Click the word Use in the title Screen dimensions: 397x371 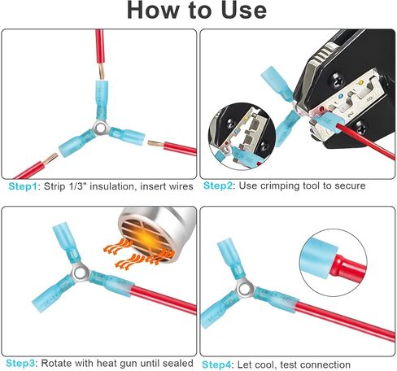coord(244,10)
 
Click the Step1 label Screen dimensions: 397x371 coord(23,186)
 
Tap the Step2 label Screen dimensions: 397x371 coord(218,185)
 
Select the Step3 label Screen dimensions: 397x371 coord(20,363)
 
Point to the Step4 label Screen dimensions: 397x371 coord(217,364)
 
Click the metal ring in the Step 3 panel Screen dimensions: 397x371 coord(81,272)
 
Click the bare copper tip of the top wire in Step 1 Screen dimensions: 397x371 coord(102,72)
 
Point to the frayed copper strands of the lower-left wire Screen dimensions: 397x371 coord(50,159)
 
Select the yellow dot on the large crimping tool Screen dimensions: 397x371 coord(360,82)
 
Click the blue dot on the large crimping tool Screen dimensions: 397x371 coord(341,95)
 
